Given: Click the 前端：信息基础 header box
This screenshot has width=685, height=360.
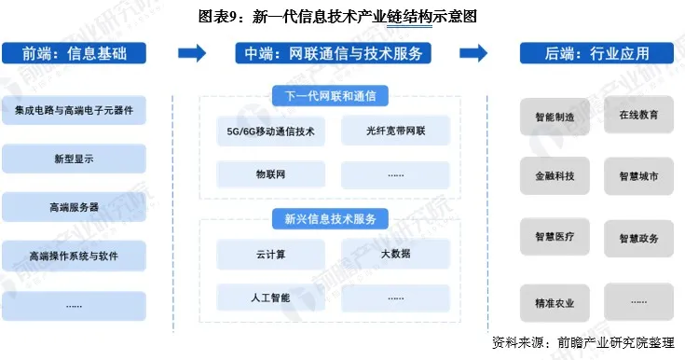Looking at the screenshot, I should click(x=74, y=53).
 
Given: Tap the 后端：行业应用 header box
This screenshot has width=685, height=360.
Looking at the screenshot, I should click(x=596, y=53).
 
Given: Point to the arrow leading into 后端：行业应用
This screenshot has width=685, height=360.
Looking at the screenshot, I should click(x=474, y=53).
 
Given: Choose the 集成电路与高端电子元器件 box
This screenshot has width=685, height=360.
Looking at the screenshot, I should click(x=74, y=110).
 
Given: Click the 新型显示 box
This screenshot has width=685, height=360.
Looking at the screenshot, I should click(x=74, y=159).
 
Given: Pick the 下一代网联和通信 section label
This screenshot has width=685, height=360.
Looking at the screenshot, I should click(x=330, y=95).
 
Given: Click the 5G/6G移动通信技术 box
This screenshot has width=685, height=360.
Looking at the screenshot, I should click(x=270, y=132).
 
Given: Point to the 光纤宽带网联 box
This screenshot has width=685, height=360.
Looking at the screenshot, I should click(x=395, y=132).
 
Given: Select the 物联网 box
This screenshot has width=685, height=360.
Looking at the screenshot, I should click(x=270, y=174).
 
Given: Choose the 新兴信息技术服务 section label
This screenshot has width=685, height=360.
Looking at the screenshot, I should click(x=330, y=219).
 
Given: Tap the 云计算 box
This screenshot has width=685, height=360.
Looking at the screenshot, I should click(x=270, y=255).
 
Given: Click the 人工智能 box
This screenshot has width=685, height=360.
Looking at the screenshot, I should click(x=270, y=298).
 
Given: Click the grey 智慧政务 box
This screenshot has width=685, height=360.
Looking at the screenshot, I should click(x=637, y=239).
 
